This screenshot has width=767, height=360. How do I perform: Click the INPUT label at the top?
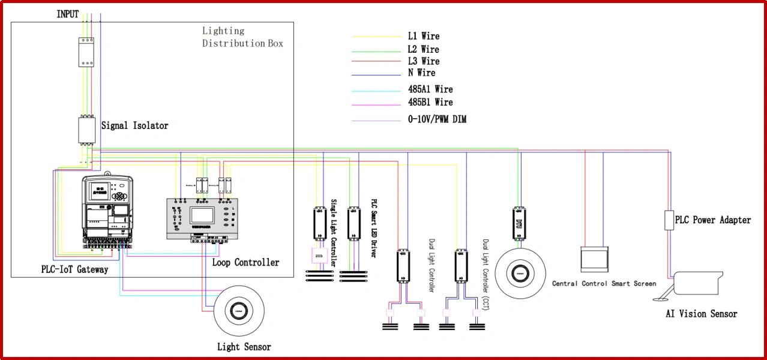coord(68,14)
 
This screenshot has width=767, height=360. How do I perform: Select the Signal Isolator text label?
coord(134,126)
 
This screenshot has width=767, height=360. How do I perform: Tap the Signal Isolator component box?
coord(86,130)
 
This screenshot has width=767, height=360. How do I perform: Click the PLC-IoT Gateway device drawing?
coord(106,211)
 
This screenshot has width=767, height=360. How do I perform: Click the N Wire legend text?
coord(421,73)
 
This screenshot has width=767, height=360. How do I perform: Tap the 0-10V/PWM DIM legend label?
coord(437,119)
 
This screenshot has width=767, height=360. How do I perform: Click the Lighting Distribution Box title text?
coord(242,37)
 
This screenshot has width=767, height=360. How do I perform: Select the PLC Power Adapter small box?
coord(668,220)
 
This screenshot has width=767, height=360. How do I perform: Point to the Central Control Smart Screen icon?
coord(594,259)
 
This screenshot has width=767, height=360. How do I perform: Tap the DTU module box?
coord(519,224)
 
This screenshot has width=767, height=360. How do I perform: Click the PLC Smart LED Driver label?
coord(373,229)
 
